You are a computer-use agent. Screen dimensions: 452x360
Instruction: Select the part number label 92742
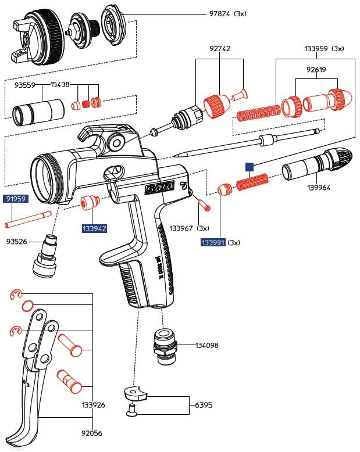point(220,49)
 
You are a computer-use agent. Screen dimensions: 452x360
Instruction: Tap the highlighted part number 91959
point(16,199)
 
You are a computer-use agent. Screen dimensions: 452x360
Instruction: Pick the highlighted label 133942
point(94,229)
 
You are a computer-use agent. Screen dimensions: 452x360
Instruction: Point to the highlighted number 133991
point(213,242)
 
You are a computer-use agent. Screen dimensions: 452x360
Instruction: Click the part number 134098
point(206,345)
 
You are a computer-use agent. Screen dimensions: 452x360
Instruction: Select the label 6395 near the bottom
point(203,404)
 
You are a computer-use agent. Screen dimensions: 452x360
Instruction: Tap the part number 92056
point(93,432)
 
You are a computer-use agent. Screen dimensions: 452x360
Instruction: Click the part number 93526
point(16,241)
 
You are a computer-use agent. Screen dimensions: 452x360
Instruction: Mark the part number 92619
point(316,70)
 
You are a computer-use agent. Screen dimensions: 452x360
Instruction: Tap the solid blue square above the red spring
point(249,166)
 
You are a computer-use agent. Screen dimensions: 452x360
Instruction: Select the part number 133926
point(93,405)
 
